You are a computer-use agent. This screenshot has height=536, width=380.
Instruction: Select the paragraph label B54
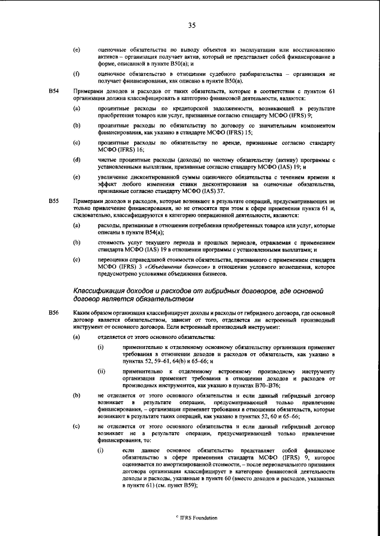tap(53, 91)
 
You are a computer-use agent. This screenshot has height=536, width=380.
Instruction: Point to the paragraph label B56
tap(53, 312)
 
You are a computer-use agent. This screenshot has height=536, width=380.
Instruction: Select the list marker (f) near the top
tap(77, 74)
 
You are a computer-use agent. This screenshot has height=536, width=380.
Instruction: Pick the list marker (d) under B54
tap(77, 161)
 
